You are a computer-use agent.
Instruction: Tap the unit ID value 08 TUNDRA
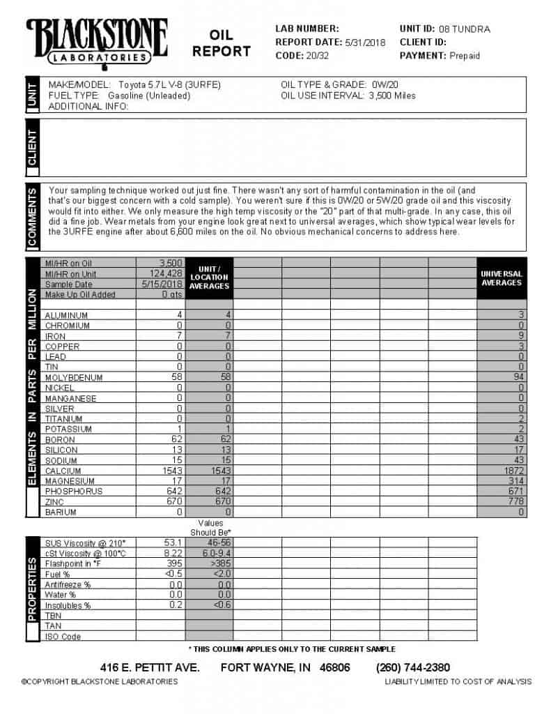(x=465, y=29)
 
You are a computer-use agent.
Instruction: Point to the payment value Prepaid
(x=465, y=55)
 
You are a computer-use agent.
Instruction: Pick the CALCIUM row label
(x=63, y=471)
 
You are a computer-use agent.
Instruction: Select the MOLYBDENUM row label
(x=73, y=377)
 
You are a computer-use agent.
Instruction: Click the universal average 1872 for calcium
(x=515, y=471)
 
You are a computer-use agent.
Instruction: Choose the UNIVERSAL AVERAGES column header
(x=501, y=278)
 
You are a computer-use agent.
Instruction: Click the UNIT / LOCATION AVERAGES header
(x=209, y=277)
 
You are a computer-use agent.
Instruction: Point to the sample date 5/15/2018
(x=163, y=284)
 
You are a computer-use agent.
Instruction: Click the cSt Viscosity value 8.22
(x=171, y=553)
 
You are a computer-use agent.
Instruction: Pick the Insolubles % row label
(x=68, y=605)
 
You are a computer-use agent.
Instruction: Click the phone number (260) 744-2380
(x=412, y=667)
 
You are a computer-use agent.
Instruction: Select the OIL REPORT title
(x=222, y=43)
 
